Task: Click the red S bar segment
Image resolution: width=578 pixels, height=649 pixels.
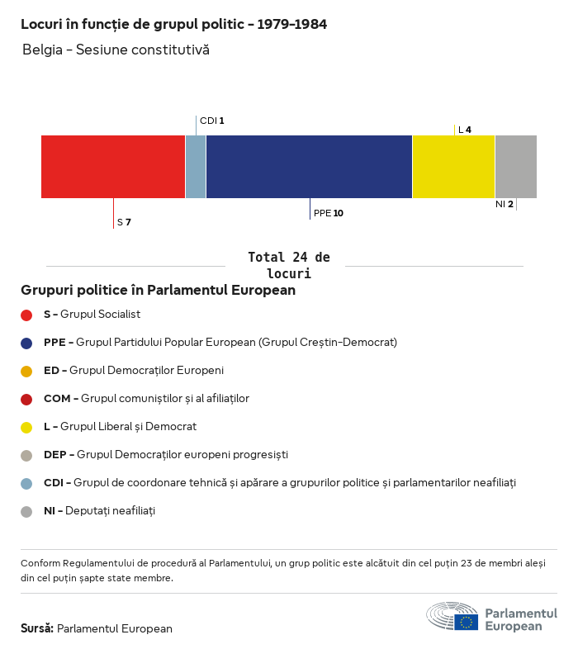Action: click(113, 167)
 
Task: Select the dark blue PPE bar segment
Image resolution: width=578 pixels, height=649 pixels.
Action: click(309, 167)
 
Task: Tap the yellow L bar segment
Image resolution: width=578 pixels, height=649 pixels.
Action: click(453, 167)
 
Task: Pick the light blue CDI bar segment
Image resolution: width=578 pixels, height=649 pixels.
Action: click(196, 167)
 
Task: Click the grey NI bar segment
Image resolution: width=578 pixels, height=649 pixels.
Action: click(515, 167)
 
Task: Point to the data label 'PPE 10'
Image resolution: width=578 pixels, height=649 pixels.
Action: click(328, 213)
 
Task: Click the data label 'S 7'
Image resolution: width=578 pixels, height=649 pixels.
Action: click(124, 222)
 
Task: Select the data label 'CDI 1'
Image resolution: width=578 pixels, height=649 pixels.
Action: click(211, 121)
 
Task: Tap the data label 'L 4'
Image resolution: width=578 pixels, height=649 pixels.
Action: click(464, 130)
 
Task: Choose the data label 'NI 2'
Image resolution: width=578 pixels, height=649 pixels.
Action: click(504, 204)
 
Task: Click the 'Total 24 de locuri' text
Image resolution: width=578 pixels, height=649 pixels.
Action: click(288, 265)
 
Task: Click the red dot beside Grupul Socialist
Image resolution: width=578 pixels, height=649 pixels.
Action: click(26, 315)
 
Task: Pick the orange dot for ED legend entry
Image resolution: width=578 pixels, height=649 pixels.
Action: click(26, 371)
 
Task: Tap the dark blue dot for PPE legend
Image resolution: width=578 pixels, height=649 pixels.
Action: click(26, 343)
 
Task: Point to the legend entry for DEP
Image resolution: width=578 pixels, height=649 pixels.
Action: click(165, 455)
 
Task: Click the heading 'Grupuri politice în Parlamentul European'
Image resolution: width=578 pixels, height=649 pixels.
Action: click(158, 291)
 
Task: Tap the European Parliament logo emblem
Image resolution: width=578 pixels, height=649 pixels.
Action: click(452, 616)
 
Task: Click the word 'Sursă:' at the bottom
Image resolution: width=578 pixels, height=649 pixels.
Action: click(37, 628)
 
